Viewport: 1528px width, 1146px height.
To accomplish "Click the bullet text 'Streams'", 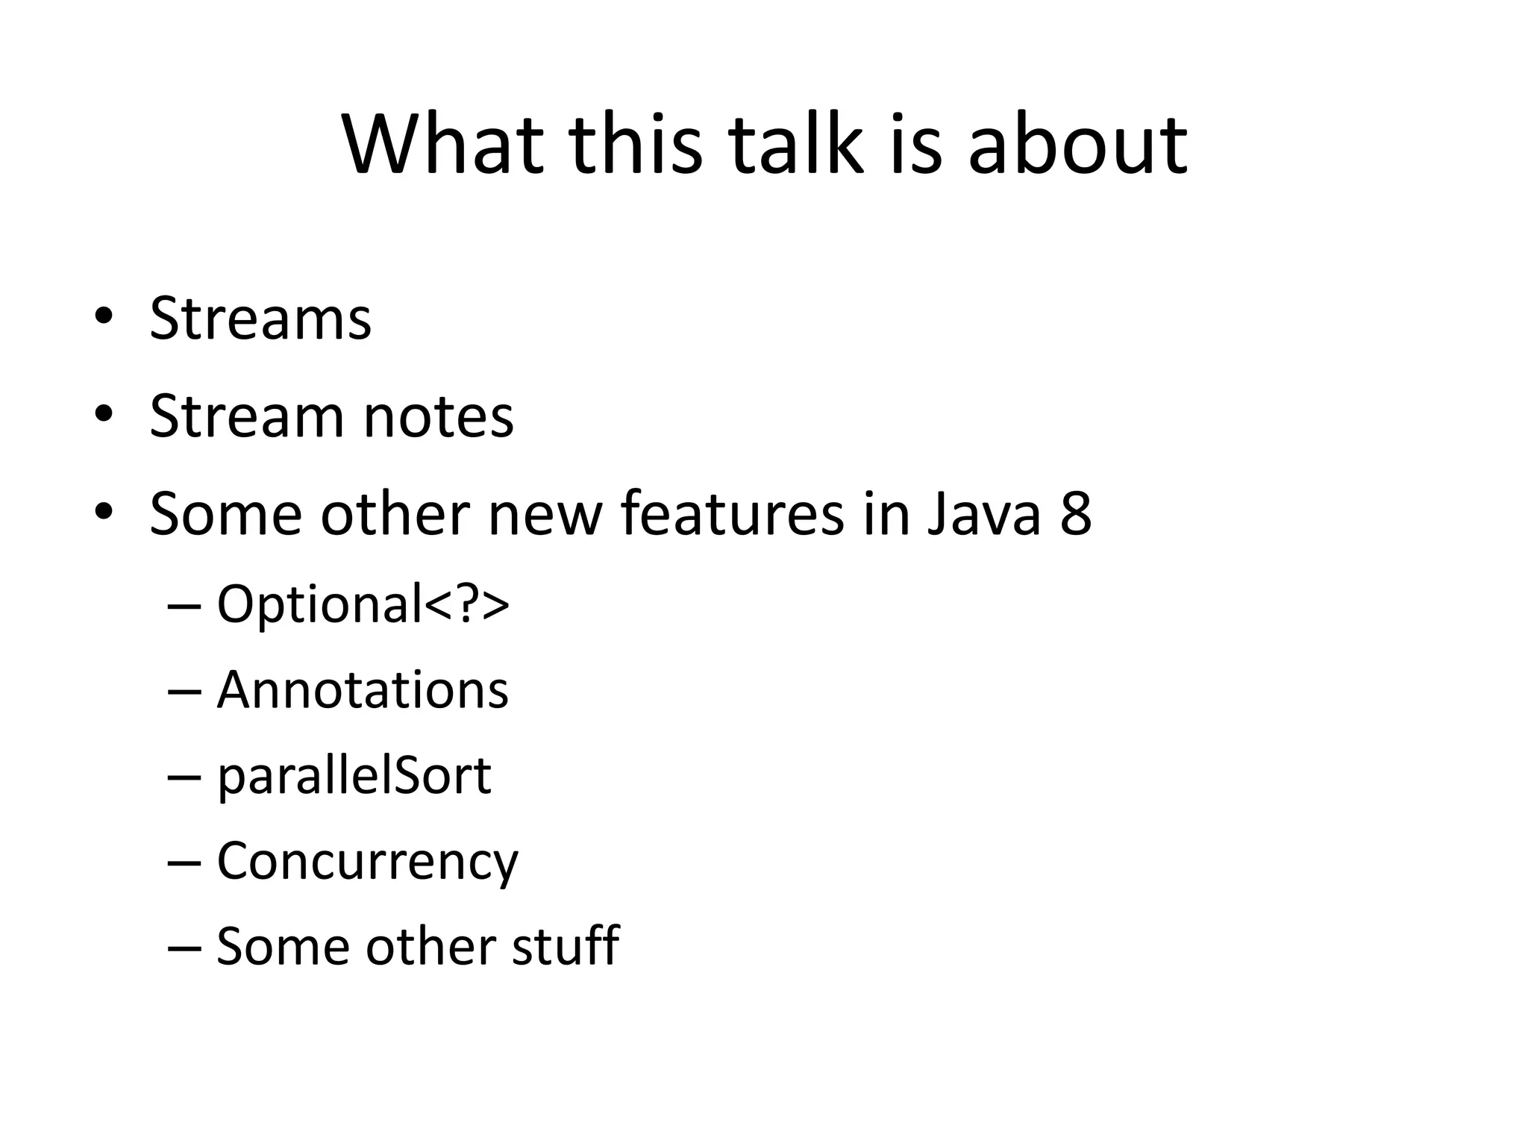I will pos(260,319).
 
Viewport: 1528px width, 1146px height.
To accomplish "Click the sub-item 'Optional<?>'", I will pos(363,604).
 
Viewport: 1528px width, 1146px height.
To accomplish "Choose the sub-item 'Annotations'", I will pos(363,689).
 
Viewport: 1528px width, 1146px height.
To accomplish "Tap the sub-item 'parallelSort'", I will pos(354,776).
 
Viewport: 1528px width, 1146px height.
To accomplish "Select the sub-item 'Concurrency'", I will pos(367,862).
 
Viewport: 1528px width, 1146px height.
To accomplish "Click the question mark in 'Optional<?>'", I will pos(467,604).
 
